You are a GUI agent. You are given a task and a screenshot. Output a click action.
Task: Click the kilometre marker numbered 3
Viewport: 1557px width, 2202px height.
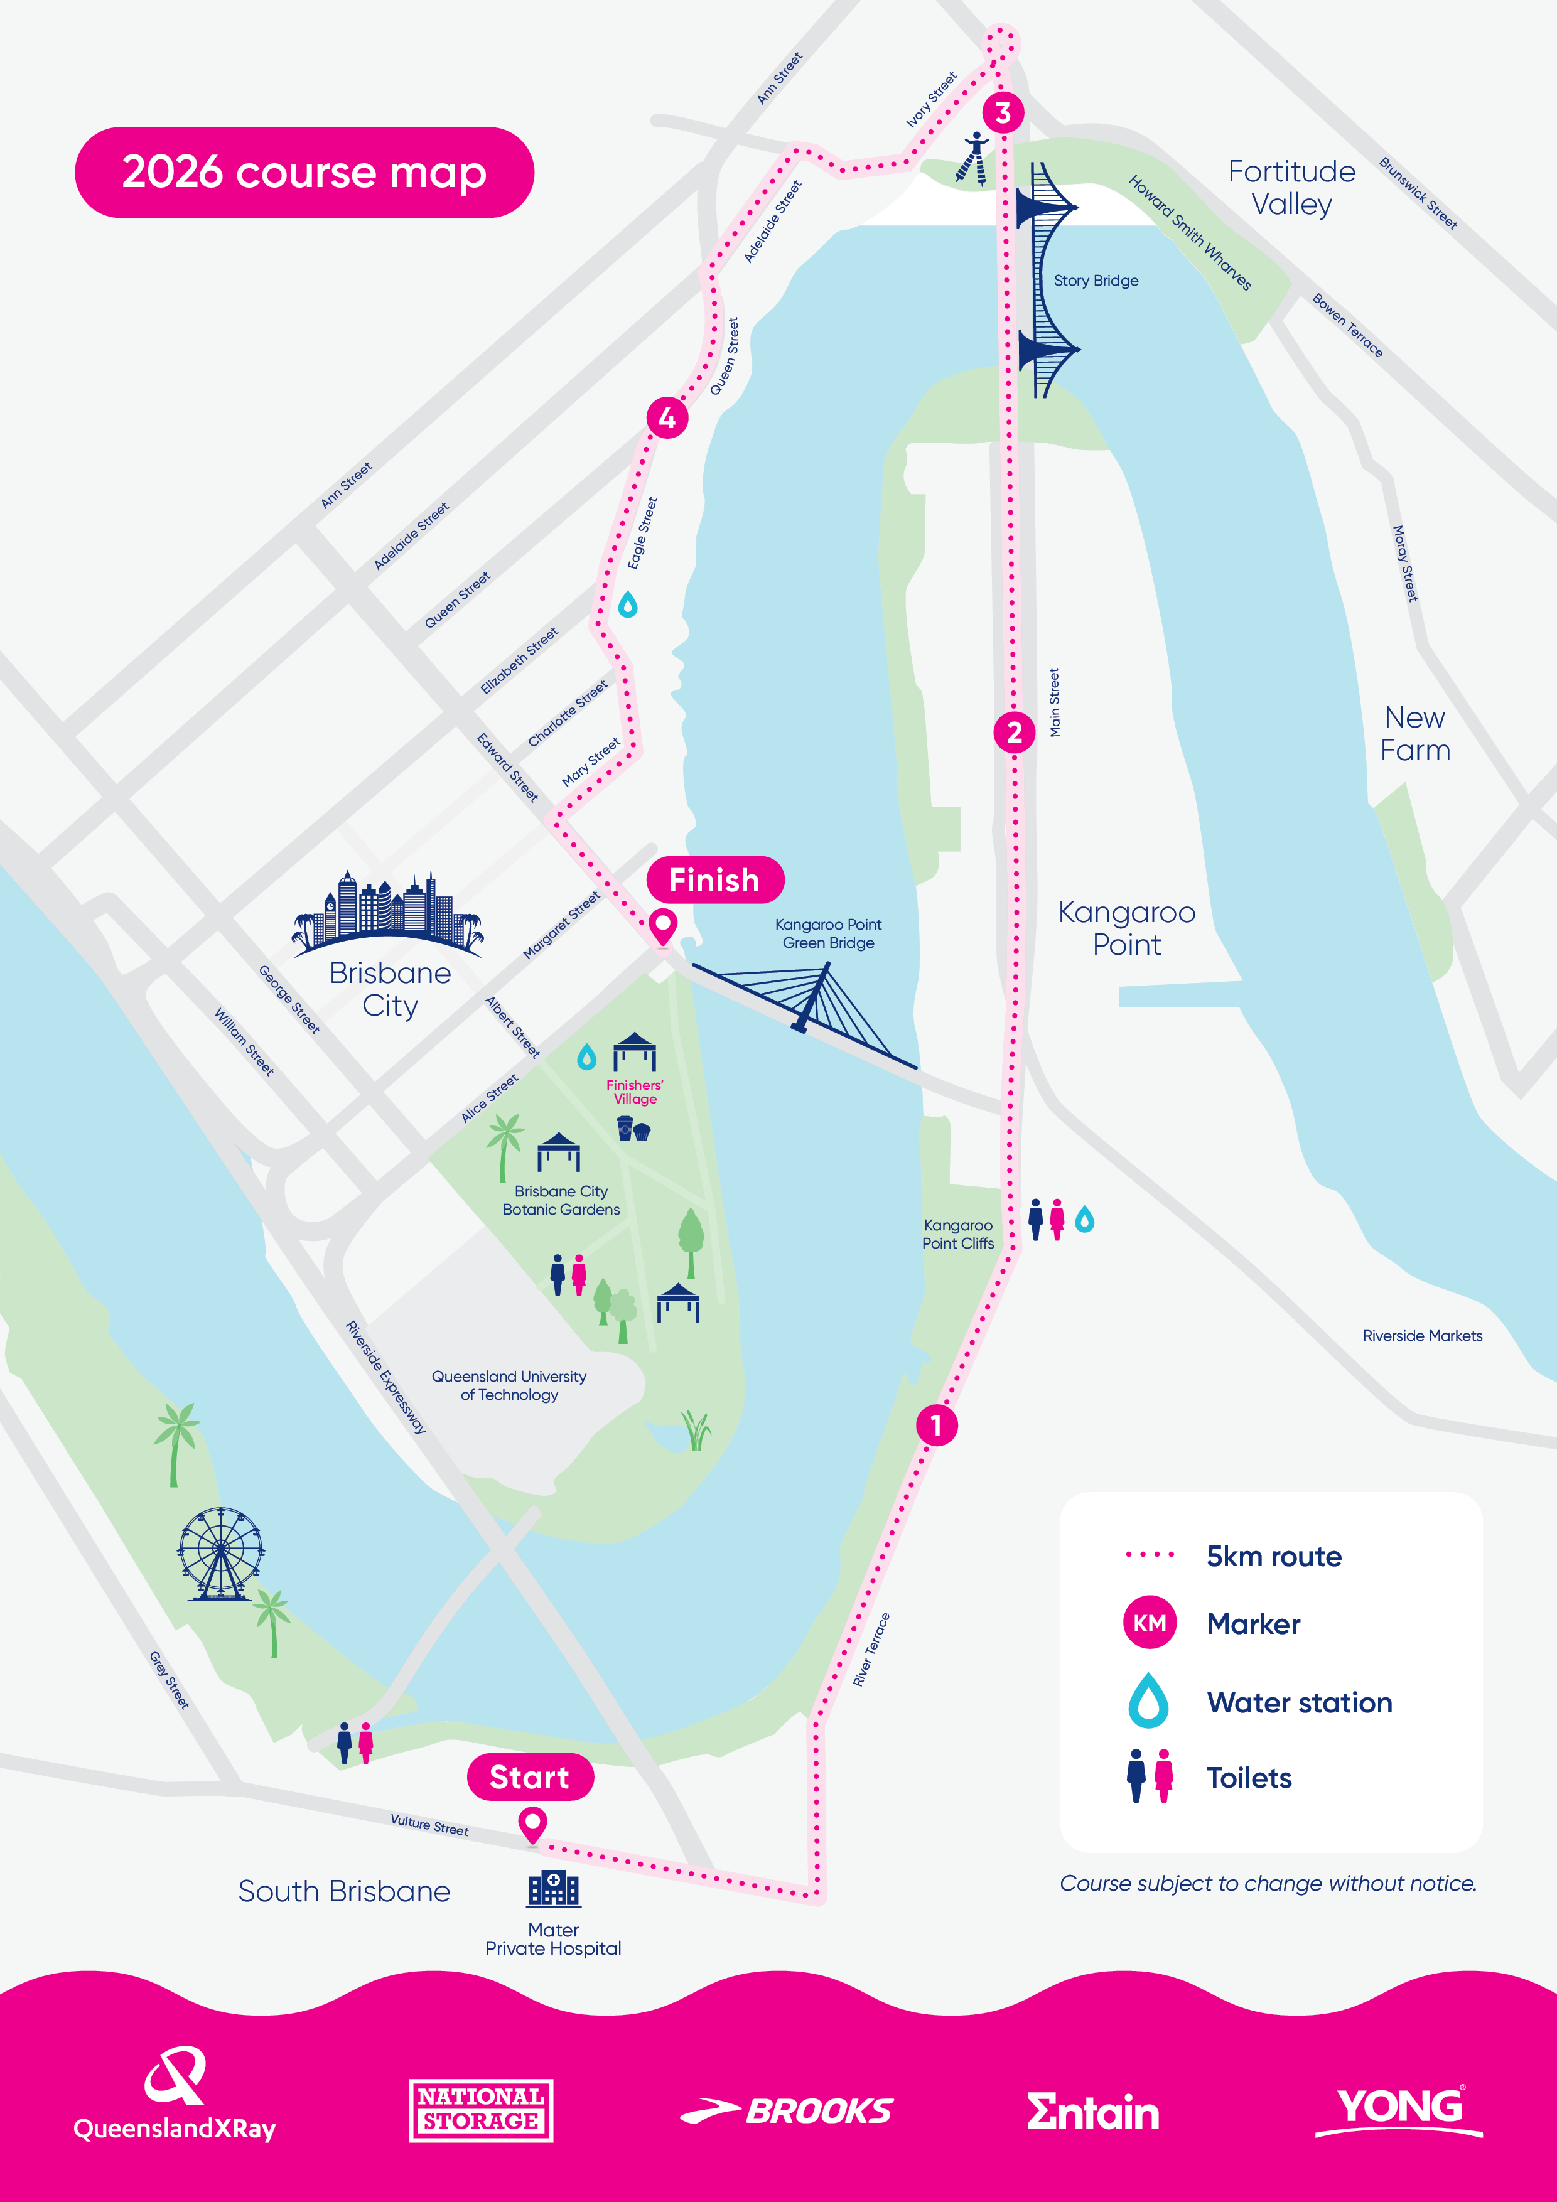tap(1003, 112)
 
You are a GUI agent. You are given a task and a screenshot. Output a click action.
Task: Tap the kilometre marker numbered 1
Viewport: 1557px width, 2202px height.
tap(936, 1425)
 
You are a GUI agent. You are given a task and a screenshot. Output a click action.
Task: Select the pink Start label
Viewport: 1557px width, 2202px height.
tap(529, 1777)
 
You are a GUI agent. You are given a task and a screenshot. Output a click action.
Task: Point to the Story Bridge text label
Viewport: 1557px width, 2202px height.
tap(1096, 281)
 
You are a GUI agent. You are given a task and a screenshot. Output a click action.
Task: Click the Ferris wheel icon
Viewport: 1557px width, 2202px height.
tap(220, 1554)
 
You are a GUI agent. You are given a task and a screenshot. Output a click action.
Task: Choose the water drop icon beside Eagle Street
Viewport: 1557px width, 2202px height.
tap(627, 604)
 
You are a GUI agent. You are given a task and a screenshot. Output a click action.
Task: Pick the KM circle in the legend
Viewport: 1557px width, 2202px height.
tap(1150, 1623)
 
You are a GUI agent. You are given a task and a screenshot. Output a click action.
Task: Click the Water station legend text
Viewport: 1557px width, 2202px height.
tap(1299, 1702)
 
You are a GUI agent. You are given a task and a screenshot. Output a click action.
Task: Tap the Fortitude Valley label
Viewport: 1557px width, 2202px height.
tap(1291, 188)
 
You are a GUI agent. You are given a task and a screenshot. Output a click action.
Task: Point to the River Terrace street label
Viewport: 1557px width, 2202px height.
tap(871, 1650)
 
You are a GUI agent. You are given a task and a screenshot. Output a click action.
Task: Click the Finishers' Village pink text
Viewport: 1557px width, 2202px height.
tap(634, 1092)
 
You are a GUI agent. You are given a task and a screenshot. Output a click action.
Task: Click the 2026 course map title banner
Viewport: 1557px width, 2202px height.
tap(304, 173)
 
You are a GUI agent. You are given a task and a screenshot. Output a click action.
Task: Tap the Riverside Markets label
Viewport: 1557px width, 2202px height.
tap(1422, 1336)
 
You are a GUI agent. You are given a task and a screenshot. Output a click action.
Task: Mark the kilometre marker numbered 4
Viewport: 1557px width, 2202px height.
tap(667, 417)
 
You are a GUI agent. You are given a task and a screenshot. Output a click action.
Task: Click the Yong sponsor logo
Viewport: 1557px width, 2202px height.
tap(1399, 2109)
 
